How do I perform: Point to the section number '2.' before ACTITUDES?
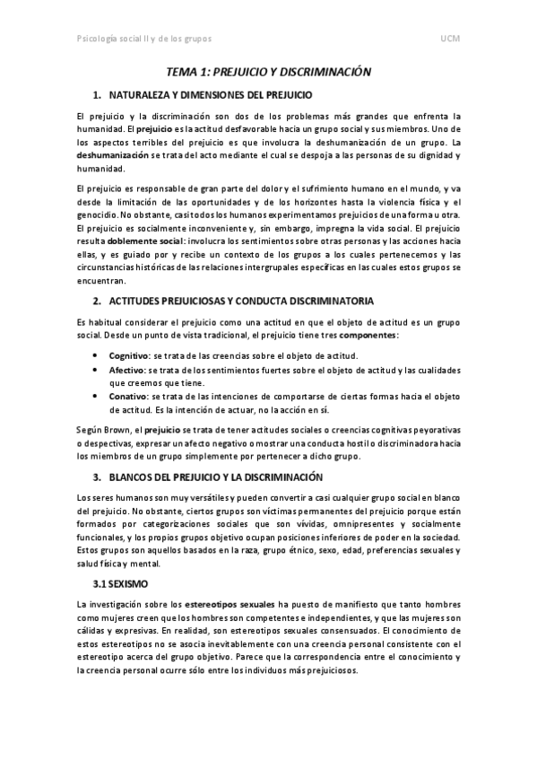click(x=97, y=300)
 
